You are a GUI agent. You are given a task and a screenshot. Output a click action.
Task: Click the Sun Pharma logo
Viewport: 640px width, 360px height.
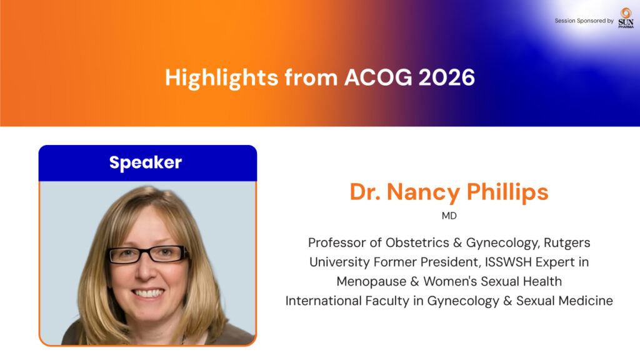pos(626,18)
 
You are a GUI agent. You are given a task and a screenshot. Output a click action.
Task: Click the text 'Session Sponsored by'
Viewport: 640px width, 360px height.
pos(584,21)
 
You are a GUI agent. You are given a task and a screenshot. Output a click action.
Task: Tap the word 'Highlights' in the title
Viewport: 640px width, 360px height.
pos(222,78)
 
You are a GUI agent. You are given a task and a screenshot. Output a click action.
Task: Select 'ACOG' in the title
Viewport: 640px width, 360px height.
pos(378,77)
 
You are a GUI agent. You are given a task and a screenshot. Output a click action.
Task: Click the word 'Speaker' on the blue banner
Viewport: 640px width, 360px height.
pos(146,163)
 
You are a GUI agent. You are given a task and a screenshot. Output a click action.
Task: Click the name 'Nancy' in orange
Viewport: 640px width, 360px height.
pos(423,192)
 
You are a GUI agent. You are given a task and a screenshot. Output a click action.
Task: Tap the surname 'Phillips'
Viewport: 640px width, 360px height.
pos(507,192)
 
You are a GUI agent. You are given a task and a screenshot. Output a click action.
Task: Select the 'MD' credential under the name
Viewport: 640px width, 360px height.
pos(449,216)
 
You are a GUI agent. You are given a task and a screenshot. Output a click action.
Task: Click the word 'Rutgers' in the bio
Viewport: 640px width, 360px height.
pos(567,243)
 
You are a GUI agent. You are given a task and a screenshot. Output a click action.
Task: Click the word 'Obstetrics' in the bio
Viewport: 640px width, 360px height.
pos(417,243)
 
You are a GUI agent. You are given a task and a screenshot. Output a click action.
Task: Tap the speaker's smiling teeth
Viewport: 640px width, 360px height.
pos(149,293)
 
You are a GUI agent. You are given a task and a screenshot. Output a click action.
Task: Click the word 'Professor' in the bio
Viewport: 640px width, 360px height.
pos(337,243)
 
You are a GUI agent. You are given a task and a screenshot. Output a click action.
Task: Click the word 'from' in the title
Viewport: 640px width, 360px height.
pos(311,77)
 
